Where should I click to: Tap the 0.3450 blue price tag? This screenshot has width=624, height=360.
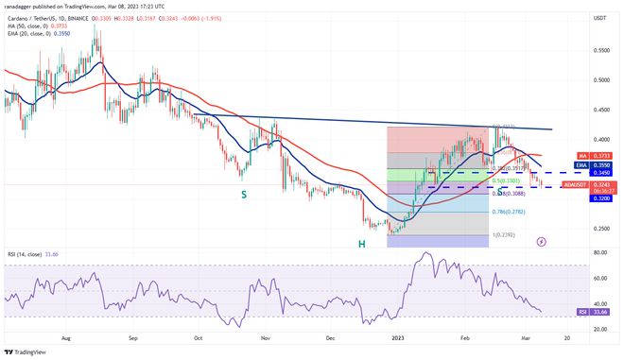click(x=598, y=173)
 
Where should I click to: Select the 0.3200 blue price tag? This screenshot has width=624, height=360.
click(x=598, y=199)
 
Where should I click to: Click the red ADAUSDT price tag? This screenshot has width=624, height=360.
click(x=573, y=185)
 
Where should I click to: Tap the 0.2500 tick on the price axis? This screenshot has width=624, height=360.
click(x=598, y=228)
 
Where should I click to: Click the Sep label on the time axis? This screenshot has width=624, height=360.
click(x=133, y=335)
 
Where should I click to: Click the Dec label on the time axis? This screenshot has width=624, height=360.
click(x=331, y=335)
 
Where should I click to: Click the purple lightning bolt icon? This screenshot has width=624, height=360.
click(x=540, y=241)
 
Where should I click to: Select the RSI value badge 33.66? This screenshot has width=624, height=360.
click(x=598, y=310)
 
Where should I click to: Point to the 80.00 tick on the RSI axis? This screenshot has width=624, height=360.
click(x=598, y=253)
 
